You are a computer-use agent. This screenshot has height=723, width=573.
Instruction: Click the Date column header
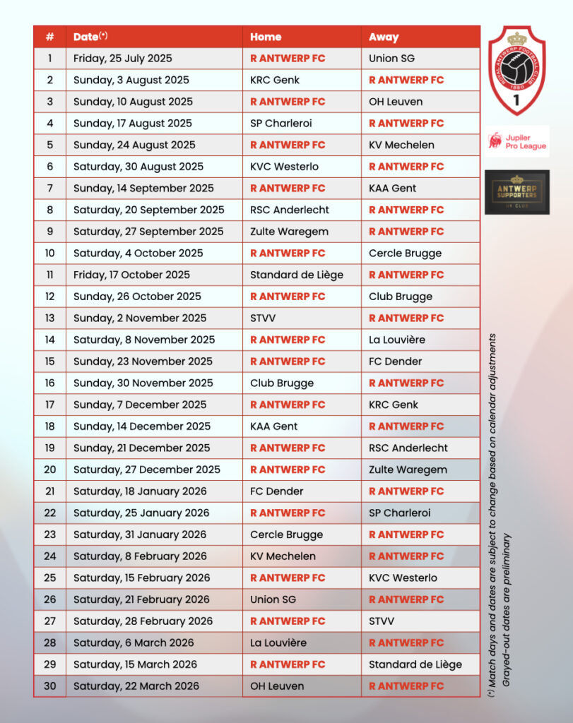[90, 37]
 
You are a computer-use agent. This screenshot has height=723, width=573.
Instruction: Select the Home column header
[266, 37]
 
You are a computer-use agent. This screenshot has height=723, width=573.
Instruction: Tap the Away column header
[384, 37]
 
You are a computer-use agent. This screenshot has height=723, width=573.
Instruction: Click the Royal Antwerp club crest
[517, 71]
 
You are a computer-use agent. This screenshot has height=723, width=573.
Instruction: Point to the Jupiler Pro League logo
[517, 141]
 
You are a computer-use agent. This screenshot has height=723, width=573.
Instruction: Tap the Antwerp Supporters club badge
[516, 192]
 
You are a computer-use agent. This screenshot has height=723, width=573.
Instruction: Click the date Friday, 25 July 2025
[122, 59]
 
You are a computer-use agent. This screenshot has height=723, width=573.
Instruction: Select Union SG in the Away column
[391, 59]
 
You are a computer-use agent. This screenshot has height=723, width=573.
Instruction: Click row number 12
[49, 297]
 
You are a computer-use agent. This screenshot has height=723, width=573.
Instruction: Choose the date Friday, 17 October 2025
[131, 275]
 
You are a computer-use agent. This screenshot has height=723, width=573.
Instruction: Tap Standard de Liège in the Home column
[297, 275]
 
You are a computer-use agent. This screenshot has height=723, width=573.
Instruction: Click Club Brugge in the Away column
[401, 297]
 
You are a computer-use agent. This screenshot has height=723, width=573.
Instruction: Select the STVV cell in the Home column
[263, 318]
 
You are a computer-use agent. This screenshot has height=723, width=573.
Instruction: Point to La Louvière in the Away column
[397, 340]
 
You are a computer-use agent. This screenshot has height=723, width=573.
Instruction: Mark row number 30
[49, 686]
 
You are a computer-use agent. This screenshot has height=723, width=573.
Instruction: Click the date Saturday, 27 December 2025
[147, 470]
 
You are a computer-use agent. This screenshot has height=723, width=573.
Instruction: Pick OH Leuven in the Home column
[277, 686]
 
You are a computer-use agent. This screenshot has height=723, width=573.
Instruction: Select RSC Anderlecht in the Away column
[408, 448]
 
